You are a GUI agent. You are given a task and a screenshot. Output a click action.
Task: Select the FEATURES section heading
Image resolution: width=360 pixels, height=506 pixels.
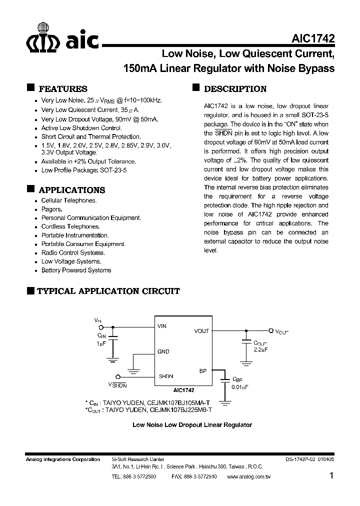(62, 89)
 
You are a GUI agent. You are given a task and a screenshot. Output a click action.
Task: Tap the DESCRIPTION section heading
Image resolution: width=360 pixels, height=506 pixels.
(235, 89)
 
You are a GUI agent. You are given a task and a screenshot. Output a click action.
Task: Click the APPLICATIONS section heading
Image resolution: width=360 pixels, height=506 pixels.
(71, 190)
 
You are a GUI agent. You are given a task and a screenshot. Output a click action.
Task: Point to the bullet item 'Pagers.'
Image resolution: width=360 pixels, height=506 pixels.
(51, 209)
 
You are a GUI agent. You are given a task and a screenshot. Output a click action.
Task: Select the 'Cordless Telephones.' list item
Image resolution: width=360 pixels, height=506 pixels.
(70, 226)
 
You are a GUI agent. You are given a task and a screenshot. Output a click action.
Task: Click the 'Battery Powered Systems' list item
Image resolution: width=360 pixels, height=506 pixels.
(76, 270)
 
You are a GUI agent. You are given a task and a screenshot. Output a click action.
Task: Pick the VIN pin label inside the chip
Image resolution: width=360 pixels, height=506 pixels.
(162, 326)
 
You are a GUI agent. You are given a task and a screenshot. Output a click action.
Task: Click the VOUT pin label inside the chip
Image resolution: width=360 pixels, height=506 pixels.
(201, 331)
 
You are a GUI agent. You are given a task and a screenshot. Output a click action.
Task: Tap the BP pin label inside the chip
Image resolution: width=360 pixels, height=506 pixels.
(202, 371)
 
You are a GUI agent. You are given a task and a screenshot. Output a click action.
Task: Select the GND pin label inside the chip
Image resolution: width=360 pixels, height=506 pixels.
(163, 351)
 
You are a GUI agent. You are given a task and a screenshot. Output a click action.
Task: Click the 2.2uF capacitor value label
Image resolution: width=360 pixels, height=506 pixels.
(261, 349)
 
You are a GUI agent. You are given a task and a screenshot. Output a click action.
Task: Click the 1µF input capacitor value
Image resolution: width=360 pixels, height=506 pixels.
(101, 344)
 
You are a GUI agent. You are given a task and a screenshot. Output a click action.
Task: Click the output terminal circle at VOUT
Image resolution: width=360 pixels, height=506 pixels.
(271, 331)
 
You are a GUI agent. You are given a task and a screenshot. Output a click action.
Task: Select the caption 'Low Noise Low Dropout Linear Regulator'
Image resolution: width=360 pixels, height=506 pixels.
(191, 425)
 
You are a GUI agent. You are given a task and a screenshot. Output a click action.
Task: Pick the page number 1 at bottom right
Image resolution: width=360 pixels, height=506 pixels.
(331, 476)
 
